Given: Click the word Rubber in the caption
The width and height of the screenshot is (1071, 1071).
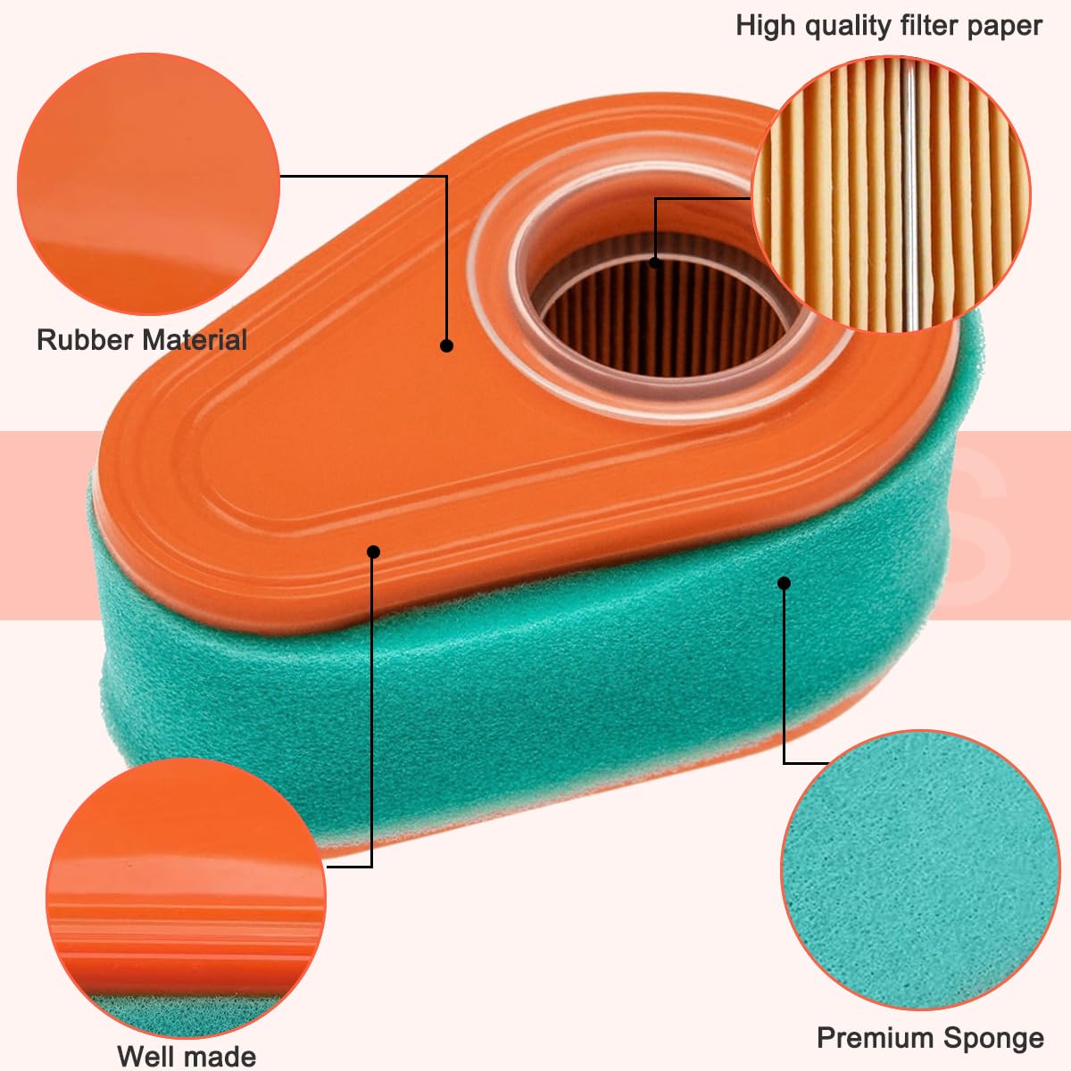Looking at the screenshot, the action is pos(83,339).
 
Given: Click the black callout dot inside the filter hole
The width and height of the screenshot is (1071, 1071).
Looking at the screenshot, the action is pos(655,263).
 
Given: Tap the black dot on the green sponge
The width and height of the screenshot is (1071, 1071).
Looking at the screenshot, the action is pos(784,583).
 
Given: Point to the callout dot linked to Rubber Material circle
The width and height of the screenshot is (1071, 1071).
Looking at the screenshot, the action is pos(446,345).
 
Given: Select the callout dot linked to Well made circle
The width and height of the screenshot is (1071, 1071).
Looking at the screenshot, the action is pos(373,552).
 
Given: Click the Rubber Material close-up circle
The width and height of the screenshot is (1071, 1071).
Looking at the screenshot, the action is pos(148,184).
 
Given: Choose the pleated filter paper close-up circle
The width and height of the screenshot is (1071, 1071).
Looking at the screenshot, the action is pos(891,195).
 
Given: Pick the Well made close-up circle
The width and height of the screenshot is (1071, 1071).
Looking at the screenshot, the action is pos(186,898).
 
